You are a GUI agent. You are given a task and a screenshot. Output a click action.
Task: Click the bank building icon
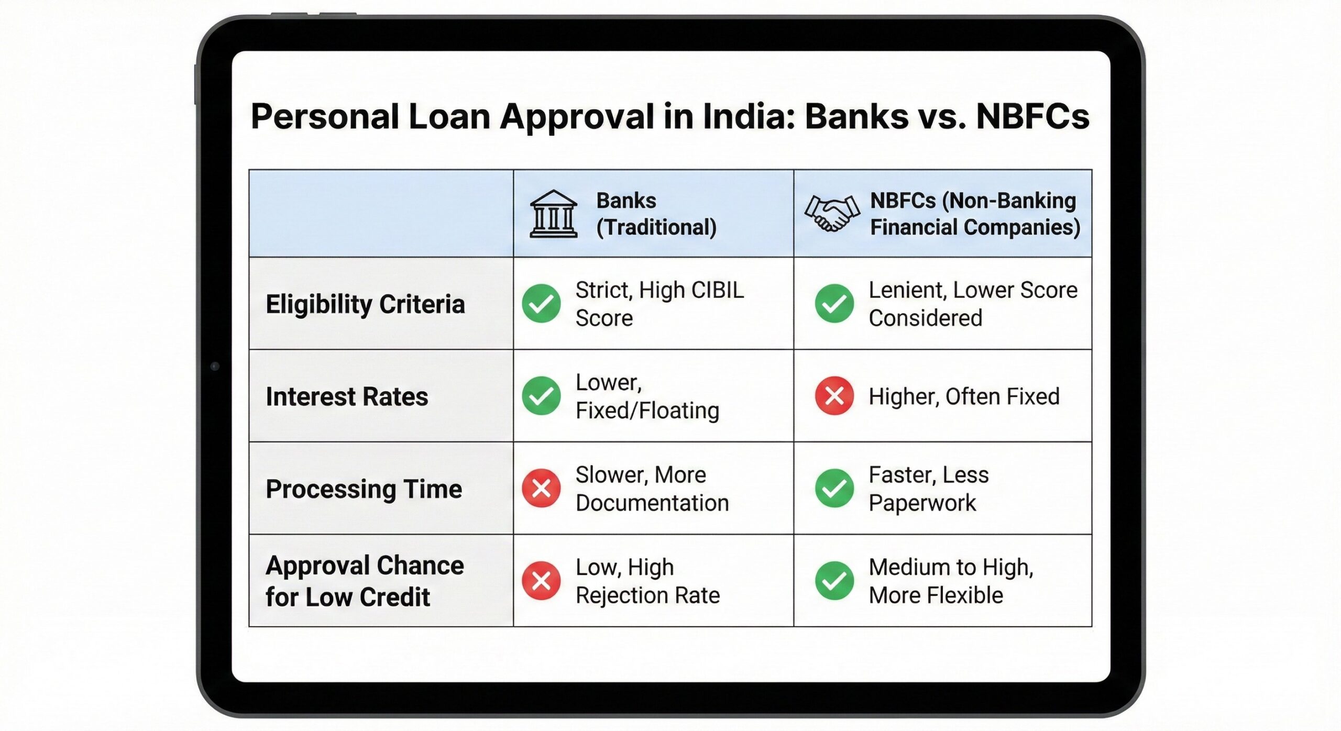pos(553,214)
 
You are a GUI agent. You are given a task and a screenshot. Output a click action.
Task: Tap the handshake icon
pos(832,213)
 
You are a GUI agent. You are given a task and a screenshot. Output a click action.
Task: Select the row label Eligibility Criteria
pos(365,304)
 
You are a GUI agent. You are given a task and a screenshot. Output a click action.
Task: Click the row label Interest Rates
pos(347,396)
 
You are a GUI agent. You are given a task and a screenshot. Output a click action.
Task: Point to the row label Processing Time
pos(364,489)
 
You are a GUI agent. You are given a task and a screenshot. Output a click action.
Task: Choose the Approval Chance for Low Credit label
pos(365,581)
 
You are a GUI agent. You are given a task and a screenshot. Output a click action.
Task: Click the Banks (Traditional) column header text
pos(656,214)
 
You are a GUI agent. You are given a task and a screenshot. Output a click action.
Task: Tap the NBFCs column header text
pos(974,214)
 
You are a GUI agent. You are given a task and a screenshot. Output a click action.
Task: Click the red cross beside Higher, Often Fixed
pos(834,396)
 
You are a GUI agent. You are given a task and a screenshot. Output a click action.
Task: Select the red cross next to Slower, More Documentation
pos(541,489)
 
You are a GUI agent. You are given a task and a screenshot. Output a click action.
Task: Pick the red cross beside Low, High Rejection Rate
pos(541,581)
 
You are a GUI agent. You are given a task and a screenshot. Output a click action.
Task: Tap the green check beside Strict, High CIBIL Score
pos(541,304)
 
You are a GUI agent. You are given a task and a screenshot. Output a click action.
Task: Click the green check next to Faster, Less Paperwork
pos(834,489)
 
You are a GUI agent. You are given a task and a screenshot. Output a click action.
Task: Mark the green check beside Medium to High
pos(834,581)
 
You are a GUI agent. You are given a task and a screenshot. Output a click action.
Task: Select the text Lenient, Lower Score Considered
pos(973,304)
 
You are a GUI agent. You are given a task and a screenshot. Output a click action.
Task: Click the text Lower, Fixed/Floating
pos(647,396)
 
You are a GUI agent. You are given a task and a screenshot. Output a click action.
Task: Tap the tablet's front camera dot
pos(215,366)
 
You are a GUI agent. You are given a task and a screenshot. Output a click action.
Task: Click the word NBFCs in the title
pos(1032,116)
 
